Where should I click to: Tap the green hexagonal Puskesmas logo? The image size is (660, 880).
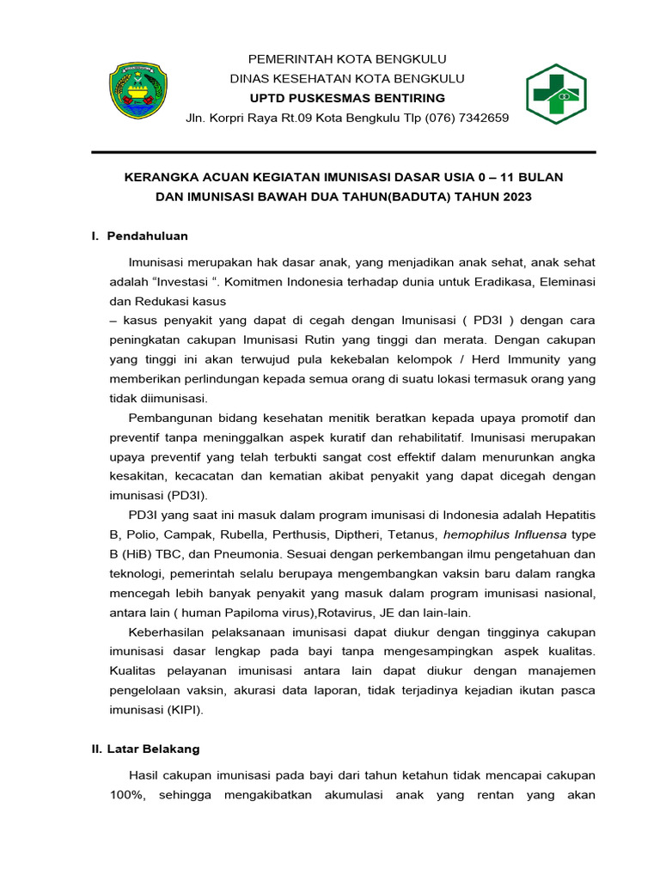(x=556, y=95)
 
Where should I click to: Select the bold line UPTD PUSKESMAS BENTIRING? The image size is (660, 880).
(x=347, y=98)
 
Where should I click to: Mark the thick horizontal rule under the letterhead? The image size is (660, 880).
(x=344, y=152)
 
